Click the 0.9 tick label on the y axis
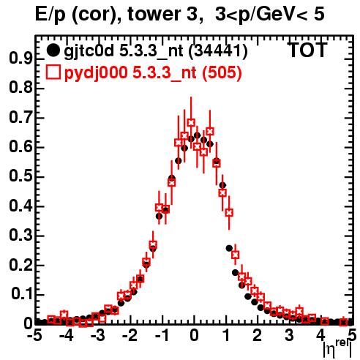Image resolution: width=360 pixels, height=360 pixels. (20, 59)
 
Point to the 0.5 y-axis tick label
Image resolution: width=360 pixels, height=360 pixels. (20, 176)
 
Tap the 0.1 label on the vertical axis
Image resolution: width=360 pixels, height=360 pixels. (22, 294)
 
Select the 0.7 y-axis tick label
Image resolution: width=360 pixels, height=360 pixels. (20, 118)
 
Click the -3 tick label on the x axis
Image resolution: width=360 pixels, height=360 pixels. (98, 335)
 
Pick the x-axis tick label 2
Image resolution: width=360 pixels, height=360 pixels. (257, 335)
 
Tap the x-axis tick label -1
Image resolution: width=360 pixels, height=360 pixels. (162, 335)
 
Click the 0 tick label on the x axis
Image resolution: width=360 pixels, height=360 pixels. (194, 335)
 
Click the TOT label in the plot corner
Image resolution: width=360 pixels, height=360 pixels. (307, 50)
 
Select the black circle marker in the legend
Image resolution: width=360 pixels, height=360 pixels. (53, 50)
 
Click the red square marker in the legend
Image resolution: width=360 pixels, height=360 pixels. (53, 72)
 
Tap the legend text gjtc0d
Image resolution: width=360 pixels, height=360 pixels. (89, 52)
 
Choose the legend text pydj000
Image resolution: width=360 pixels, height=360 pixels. (96, 73)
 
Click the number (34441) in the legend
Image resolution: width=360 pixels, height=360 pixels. (218, 51)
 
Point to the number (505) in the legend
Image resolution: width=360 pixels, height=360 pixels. (222, 72)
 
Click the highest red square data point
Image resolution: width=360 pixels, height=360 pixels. (191, 122)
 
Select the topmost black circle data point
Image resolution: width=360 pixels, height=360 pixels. (197, 135)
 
